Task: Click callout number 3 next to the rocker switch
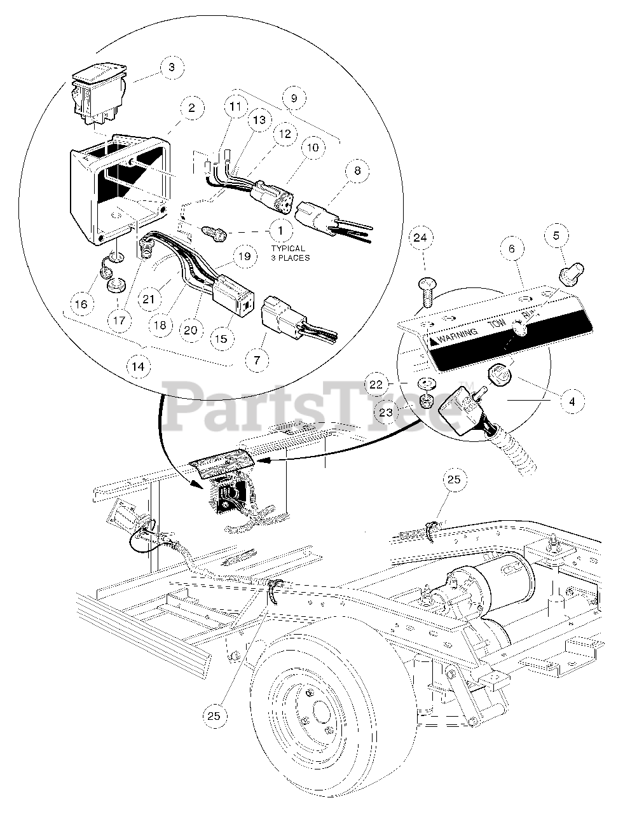coord(170,67)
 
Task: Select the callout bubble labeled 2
coord(174,108)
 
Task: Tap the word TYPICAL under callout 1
coord(288,249)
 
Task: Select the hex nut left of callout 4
coord(498,375)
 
